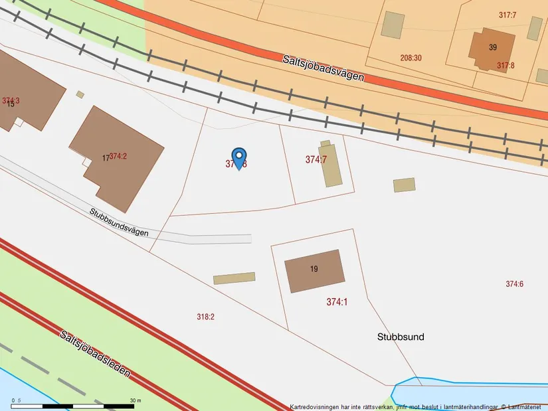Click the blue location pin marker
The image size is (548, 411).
[x=238, y=157]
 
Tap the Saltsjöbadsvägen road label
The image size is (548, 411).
[x=323, y=66]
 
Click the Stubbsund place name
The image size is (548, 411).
[x=400, y=337]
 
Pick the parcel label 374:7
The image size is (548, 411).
[x=316, y=159]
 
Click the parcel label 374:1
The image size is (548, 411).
[x=337, y=302]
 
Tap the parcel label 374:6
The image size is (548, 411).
[x=514, y=284]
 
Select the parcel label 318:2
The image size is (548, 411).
[x=206, y=317]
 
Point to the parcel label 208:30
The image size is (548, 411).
[x=411, y=58]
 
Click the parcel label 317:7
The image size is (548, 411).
[x=507, y=15]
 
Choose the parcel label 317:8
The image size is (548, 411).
[x=506, y=65]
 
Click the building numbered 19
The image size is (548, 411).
[x=314, y=270]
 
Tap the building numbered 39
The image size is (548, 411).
[x=492, y=47]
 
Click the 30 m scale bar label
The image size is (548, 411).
[x=136, y=400]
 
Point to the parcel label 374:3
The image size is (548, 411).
[x=11, y=101]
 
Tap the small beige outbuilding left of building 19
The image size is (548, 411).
[x=234, y=278]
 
